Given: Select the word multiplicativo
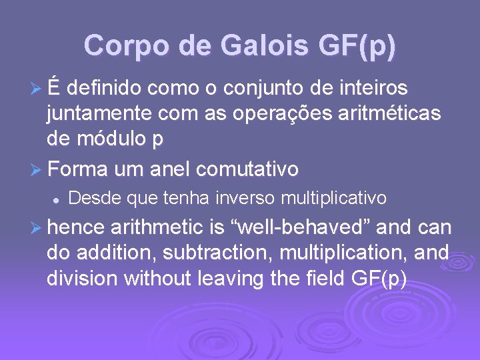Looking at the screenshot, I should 334,198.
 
